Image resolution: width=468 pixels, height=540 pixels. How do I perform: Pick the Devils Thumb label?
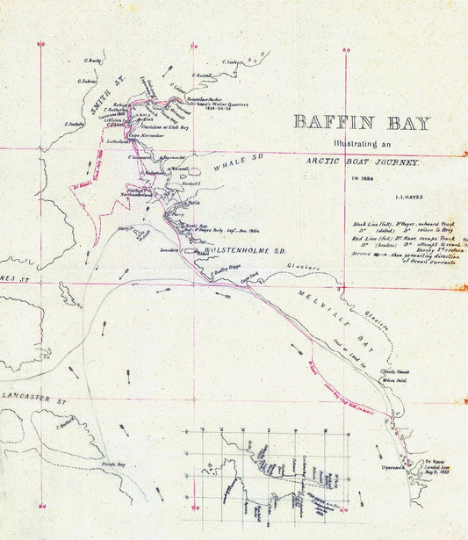398,373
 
